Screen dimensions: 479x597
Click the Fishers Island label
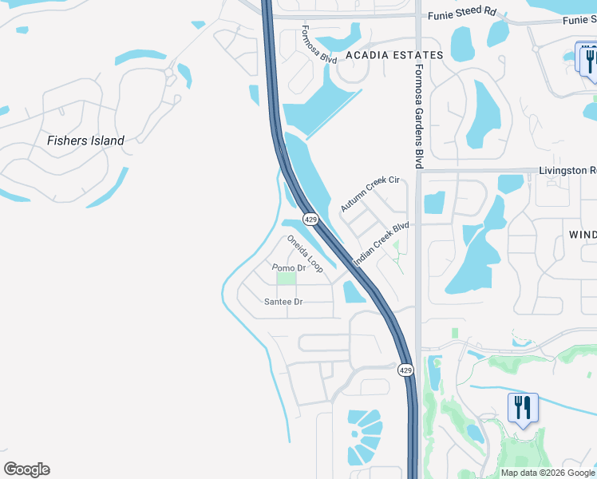coord(85,141)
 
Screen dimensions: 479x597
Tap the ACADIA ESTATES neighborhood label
coord(394,55)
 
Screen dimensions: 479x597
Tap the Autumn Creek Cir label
coord(370,194)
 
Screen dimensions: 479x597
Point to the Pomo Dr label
coord(289,267)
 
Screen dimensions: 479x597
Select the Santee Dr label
coord(283,302)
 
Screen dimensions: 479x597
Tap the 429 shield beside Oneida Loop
coord(310,219)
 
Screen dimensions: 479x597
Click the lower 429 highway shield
coord(405,370)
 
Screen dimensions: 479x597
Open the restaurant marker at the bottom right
coord(523,408)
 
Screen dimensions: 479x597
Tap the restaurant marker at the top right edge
coord(590,59)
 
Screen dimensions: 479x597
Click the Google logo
coord(26,469)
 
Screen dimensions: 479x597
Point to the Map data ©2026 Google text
coord(547,473)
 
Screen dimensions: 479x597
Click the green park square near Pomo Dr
coord(286,279)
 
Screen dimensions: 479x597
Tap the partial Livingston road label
coord(567,170)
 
